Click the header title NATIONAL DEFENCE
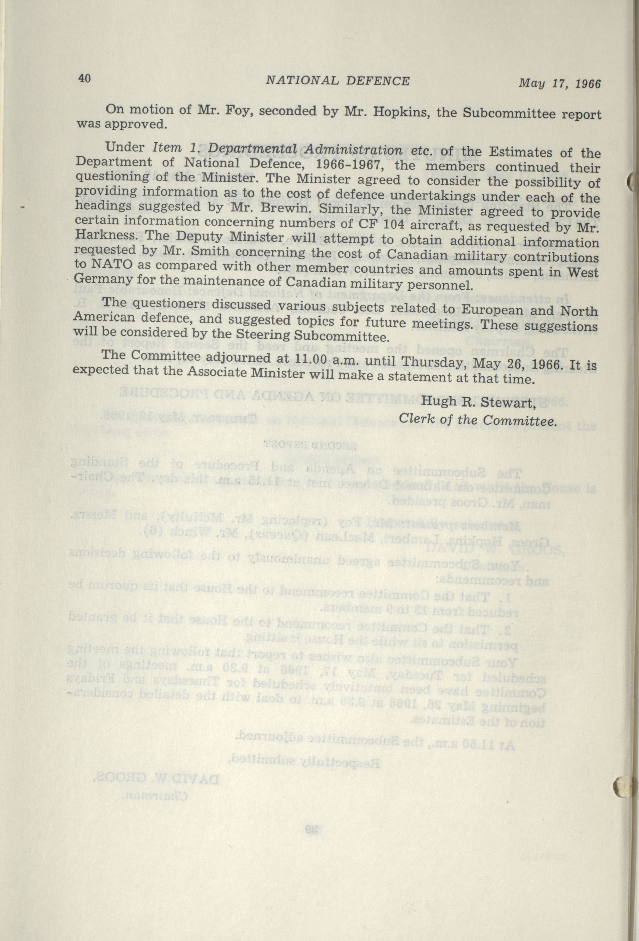tap(337, 81)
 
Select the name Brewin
tap(288, 209)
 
